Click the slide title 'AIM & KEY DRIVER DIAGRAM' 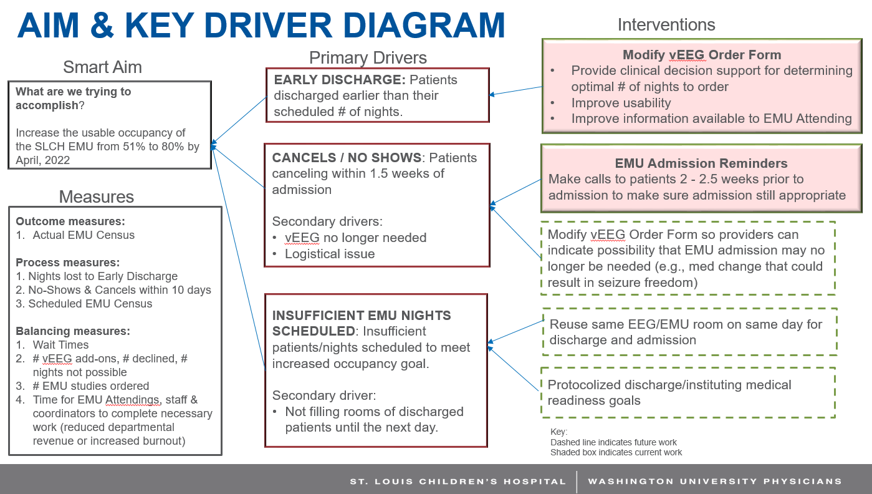coord(261,26)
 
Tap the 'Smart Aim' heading coord(102,67)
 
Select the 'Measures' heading coord(97,197)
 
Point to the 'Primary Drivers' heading coord(368,58)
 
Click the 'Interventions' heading coord(666,25)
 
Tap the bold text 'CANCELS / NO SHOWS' coord(347,158)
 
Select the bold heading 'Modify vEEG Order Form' coord(701,55)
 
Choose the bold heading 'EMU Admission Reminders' coord(701,163)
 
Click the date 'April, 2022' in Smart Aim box coord(43,160)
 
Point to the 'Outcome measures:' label coord(70,221)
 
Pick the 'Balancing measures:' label coord(73,331)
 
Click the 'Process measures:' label coord(68,263)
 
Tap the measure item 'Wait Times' coord(60,344)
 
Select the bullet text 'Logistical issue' coord(330,254)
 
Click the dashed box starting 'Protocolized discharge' coord(688,393)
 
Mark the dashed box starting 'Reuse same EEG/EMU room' coord(689,332)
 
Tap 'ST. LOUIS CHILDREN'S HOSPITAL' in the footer coord(458,482)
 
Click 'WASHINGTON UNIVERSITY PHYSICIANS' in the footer coord(715,482)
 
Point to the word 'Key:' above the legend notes coord(559,432)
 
